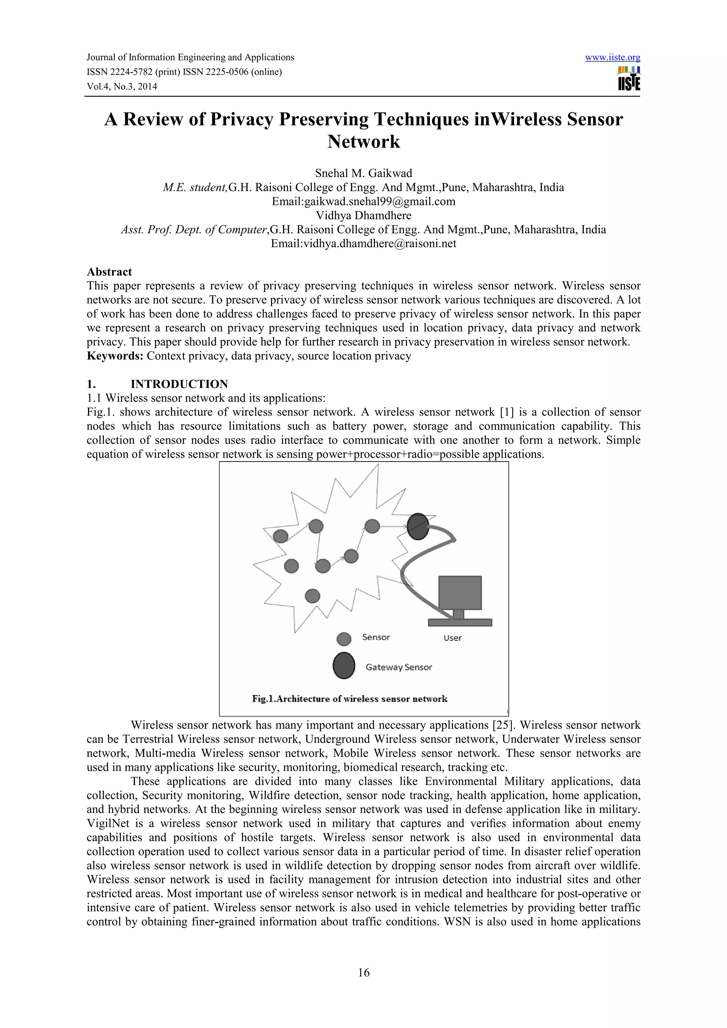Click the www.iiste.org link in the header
pos(612,57)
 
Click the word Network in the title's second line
pos(363,142)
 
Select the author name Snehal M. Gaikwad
pos(363,173)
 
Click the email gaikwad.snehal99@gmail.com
pos(379,201)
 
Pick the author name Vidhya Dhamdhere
pos(363,215)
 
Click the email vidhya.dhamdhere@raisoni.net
pos(379,244)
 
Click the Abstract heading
pos(109,272)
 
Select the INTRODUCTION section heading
pos(179,384)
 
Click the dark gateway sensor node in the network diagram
pos(418,526)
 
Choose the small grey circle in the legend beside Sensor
pos(344,639)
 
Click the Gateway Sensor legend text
pos(399,667)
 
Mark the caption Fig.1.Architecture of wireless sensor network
pos(349,699)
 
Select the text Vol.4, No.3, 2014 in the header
pos(122,87)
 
